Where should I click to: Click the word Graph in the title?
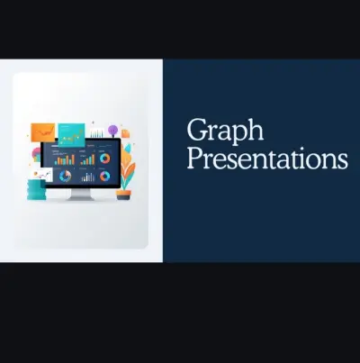click(225, 132)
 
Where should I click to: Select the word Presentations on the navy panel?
click(266, 159)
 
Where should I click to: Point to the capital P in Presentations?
click(194, 159)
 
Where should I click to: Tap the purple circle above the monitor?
click(112, 130)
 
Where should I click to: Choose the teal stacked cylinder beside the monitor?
click(36, 190)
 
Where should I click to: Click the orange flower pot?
click(123, 193)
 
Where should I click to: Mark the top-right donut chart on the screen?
click(106, 159)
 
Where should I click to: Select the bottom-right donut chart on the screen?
click(106, 177)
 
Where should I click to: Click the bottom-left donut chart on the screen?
click(65, 177)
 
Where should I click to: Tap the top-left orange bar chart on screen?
click(65, 159)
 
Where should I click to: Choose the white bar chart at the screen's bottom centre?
click(86, 177)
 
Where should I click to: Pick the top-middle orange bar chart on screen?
click(86, 159)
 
